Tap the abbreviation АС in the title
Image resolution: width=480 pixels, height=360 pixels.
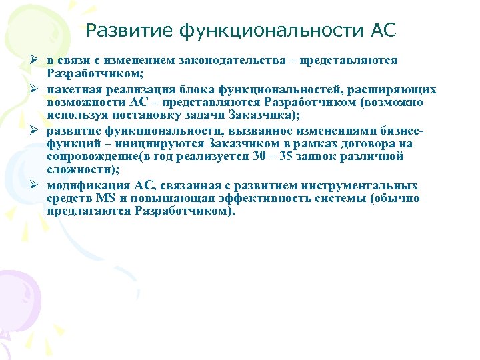coord(381,30)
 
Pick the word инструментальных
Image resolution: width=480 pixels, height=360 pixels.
coord(361,185)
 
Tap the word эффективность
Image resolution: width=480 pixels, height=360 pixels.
coord(245,199)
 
